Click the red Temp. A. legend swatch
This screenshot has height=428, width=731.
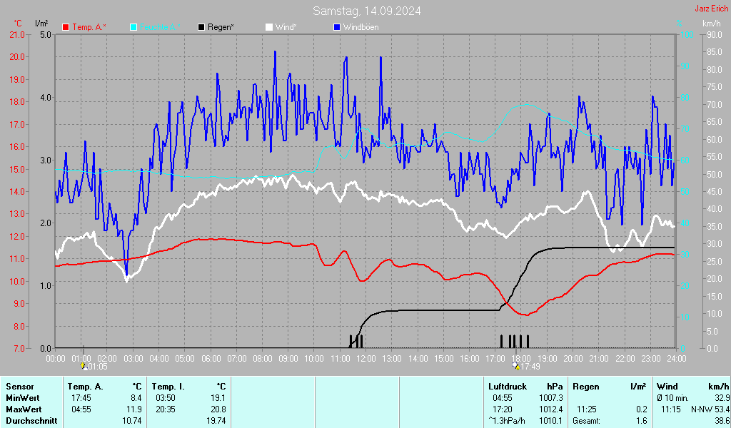pyautogui.click(x=66, y=27)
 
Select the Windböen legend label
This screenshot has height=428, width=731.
pyautogui.click(x=361, y=27)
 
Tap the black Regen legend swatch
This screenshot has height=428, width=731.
pyautogui.click(x=202, y=27)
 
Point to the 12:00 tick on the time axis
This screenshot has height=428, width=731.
pyautogui.click(x=366, y=358)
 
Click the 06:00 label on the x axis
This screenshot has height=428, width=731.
pyautogui.click(x=211, y=358)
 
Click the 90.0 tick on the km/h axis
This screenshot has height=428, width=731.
pyautogui.click(x=712, y=34)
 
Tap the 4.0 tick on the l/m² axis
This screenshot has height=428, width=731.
pyautogui.click(x=46, y=98)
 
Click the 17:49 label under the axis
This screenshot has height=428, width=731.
pyautogui.click(x=528, y=367)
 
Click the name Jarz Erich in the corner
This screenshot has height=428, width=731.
pyautogui.click(x=711, y=9)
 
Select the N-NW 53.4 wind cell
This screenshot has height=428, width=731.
pyautogui.click(x=710, y=409)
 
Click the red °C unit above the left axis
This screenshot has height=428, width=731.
pyautogui.click(x=18, y=23)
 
